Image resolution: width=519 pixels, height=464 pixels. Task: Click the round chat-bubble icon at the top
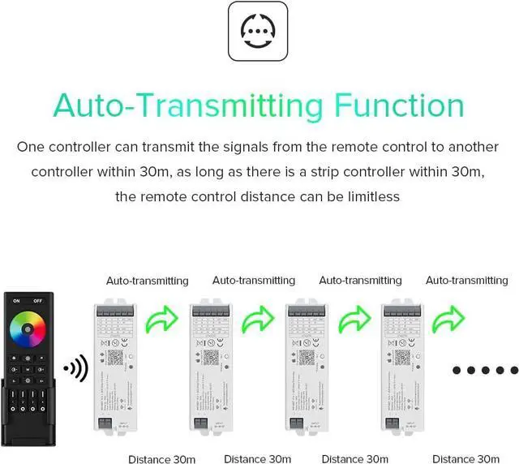click(x=259, y=31)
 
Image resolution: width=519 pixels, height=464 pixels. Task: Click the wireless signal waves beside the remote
click(x=75, y=369)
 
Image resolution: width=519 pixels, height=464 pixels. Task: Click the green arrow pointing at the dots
click(x=449, y=320)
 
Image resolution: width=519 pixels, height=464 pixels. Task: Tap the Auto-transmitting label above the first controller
click(x=148, y=281)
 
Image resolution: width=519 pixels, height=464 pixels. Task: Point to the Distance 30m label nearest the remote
click(x=161, y=459)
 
